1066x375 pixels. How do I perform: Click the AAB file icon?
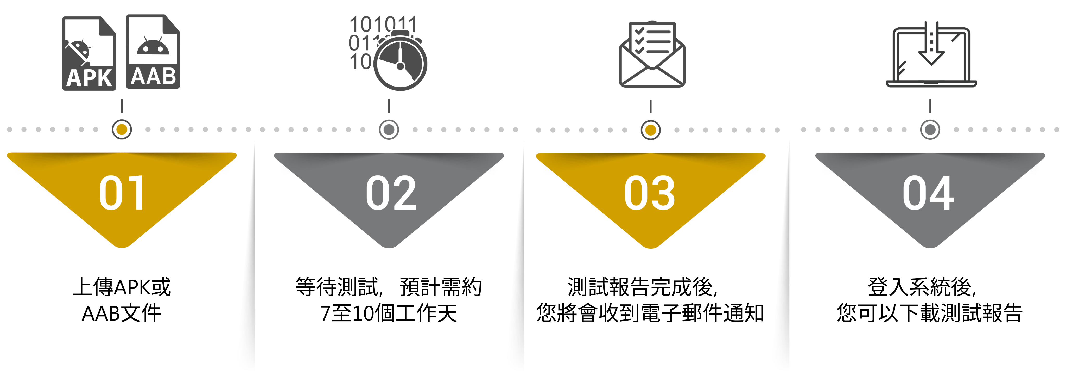click(153, 52)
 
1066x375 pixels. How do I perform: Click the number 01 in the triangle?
click(122, 193)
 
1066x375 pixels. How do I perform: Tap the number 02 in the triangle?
click(391, 193)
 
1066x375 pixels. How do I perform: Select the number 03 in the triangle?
click(650, 193)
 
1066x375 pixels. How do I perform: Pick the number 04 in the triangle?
click(928, 193)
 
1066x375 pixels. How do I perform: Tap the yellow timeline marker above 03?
click(651, 130)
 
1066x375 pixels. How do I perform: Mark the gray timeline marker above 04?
click(930, 130)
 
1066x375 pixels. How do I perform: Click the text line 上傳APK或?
click(122, 287)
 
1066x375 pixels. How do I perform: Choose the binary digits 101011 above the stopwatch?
click(383, 24)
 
